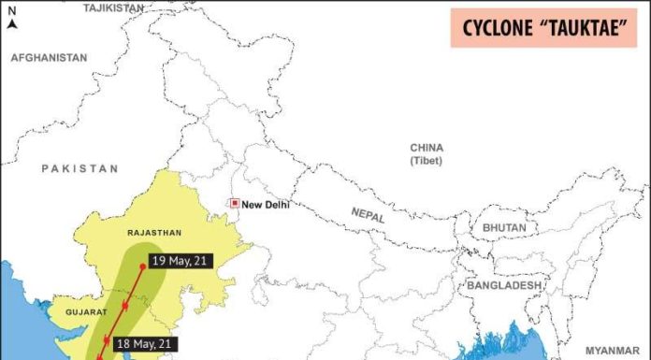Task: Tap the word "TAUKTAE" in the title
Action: tap(580, 28)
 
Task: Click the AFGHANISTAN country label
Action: tap(50, 58)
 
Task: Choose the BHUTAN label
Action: tap(505, 228)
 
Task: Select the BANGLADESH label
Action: tap(505, 285)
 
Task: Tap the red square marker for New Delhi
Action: tap(235, 203)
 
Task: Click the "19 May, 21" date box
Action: tap(181, 261)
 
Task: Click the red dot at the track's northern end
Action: tap(142, 266)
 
